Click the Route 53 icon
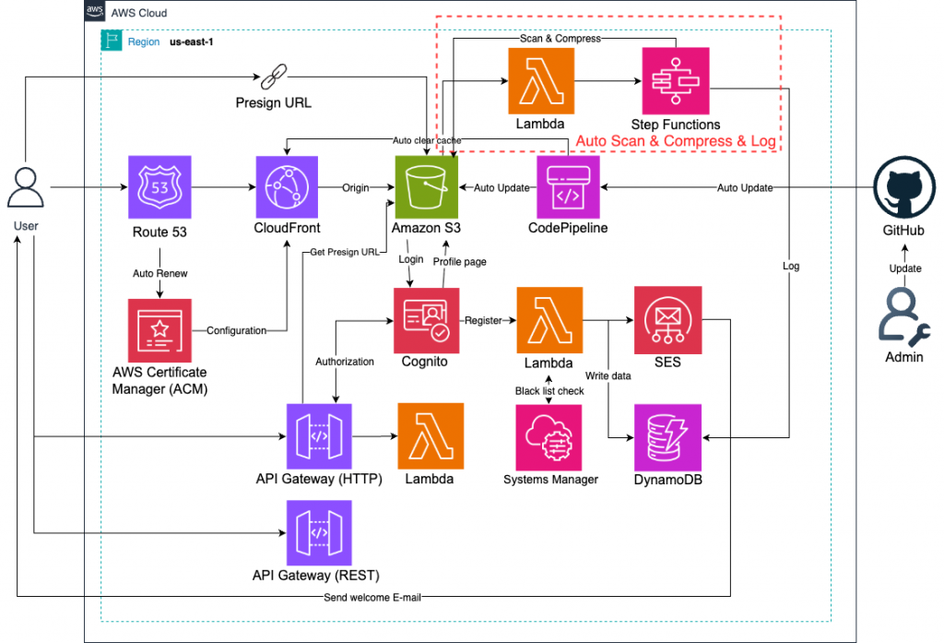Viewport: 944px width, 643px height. pos(161,187)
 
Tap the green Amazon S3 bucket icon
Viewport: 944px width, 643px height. pos(427,187)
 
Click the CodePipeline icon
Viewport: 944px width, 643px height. pos(568,187)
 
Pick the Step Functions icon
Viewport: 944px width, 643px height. pos(676,80)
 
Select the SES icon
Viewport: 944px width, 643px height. pos(667,319)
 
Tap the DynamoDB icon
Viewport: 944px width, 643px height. pos(667,436)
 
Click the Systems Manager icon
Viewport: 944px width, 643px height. pos(549,436)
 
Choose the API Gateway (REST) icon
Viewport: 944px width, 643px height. pos(319,532)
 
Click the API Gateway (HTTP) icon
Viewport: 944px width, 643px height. pos(319,436)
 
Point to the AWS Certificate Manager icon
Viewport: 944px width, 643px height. pos(161,330)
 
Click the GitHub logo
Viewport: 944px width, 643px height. pos(903,187)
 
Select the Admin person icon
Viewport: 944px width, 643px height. pos(903,316)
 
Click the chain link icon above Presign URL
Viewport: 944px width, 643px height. pos(274,77)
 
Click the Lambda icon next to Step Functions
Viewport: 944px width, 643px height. pos(541,80)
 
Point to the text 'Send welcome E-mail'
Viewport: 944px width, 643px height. pos(372,598)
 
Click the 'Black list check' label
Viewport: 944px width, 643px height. pos(549,391)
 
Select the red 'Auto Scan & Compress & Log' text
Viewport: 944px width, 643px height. pos(676,141)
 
